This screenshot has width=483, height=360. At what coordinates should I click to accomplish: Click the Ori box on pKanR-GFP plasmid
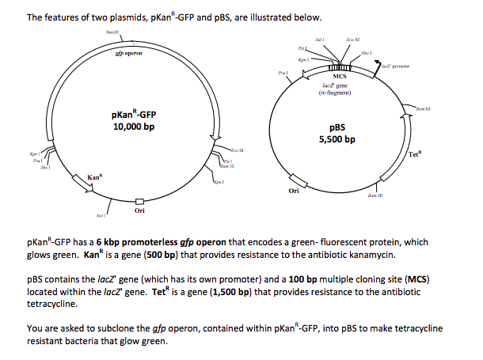139,202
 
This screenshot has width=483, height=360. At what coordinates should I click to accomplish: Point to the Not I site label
100,214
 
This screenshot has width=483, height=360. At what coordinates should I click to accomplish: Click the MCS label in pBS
338,76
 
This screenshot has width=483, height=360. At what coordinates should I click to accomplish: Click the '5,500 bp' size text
337,140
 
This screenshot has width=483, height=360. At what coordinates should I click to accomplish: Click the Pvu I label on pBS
282,72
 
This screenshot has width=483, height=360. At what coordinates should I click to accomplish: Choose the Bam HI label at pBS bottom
374,195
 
